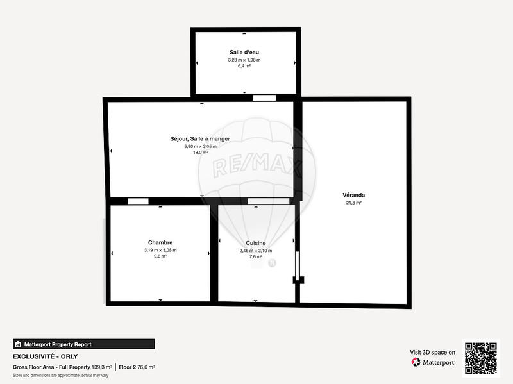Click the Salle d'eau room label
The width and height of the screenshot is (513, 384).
tap(244, 52)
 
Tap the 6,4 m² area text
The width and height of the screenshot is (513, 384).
tap(244, 65)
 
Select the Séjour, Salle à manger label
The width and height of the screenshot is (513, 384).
tap(200, 138)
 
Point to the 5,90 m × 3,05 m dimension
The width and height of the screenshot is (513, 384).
tap(200, 146)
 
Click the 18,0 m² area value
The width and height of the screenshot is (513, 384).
tap(200, 153)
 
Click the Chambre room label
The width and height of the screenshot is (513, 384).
tap(160, 242)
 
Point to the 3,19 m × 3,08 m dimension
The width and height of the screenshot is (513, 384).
tap(160, 250)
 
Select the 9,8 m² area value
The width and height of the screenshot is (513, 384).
tap(160, 256)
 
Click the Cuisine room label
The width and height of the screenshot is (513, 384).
tap(256, 243)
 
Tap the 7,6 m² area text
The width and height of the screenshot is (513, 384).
tap(256, 257)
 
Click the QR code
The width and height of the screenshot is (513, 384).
tap(481, 358)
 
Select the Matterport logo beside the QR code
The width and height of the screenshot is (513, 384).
tap(433, 362)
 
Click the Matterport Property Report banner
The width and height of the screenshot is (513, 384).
tap(84, 344)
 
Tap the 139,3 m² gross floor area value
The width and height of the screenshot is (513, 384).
tap(101, 367)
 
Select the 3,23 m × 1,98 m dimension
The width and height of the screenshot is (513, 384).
tap(244, 60)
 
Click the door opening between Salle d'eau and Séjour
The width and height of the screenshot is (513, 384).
tap(264, 97)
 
